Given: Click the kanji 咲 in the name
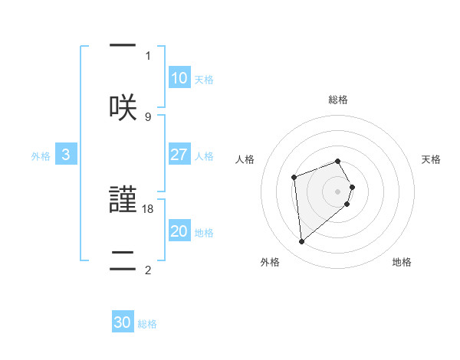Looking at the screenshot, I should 123,106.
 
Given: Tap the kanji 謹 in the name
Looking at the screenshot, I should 123,199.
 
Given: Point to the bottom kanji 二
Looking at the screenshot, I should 123,259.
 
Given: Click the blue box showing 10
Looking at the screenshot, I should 179,78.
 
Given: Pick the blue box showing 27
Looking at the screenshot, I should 179,155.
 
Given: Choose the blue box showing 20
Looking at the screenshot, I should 179,231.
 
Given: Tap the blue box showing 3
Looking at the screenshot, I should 66,155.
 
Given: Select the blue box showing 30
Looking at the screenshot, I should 123,322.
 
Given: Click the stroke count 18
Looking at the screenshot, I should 148,208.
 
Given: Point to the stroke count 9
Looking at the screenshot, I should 148,116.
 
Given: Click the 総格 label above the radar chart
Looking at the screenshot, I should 338,100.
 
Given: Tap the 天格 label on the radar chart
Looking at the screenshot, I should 432,159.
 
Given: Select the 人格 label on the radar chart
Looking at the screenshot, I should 245,159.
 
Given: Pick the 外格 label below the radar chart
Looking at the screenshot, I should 269,262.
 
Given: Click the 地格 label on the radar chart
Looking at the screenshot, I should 402,262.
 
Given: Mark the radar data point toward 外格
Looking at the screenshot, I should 302,242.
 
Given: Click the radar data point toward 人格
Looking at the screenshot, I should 294,178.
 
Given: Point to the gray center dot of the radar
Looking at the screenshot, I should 338,191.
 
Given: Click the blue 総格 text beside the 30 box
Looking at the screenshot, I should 147,324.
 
